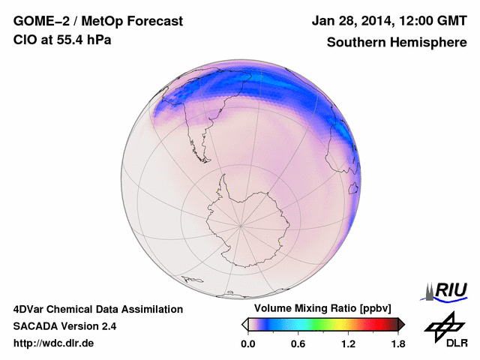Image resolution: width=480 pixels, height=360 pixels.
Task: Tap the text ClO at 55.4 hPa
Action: click(62, 40)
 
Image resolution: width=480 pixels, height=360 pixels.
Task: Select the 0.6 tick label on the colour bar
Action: click(298, 343)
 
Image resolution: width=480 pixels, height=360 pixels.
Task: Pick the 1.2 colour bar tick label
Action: click(348, 343)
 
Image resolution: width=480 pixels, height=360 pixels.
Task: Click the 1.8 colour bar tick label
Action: click(397, 343)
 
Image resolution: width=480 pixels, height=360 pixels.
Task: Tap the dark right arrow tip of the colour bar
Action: click(401, 324)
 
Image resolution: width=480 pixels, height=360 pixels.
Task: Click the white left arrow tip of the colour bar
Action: click(244, 324)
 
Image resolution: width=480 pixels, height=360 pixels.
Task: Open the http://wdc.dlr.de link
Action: click(54, 343)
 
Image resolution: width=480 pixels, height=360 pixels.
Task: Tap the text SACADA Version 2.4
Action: click(64, 326)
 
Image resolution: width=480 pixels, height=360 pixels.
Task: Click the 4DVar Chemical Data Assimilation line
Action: click(97, 309)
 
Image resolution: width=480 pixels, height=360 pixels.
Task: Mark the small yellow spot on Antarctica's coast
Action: click(280, 241)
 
